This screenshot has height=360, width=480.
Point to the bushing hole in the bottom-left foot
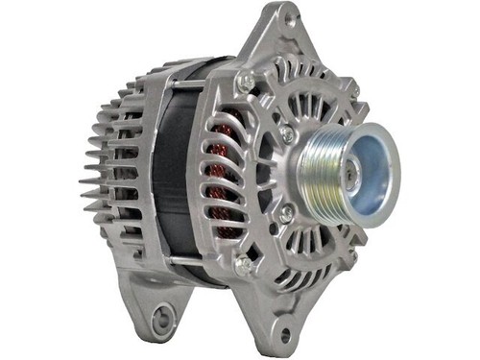pos(164,315)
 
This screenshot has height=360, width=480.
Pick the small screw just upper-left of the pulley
pos(287,135)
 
